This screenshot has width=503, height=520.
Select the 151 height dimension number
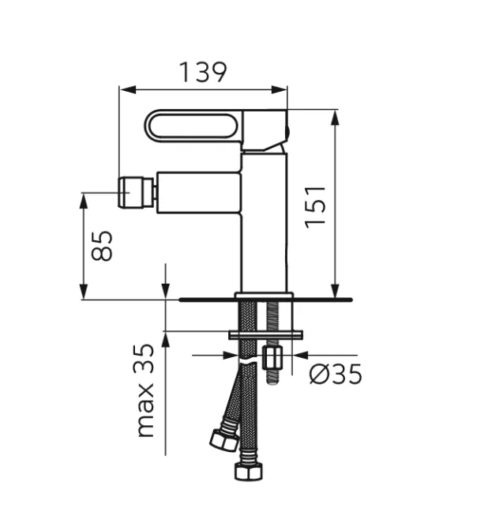pos(316,206)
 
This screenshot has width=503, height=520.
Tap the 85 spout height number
pos(101,246)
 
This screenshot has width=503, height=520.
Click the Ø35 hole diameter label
pos(336,373)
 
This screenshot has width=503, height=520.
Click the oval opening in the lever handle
pos(193,128)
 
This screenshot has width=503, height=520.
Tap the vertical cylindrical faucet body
pos(264,229)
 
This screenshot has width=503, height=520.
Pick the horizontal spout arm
pos(197,191)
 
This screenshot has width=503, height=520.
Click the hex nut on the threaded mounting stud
pos(273,359)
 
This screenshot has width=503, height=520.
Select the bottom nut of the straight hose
pos(248,472)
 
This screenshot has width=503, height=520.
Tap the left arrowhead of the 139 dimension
pos(125,89)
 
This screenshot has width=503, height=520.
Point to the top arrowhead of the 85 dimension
pos(84,198)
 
